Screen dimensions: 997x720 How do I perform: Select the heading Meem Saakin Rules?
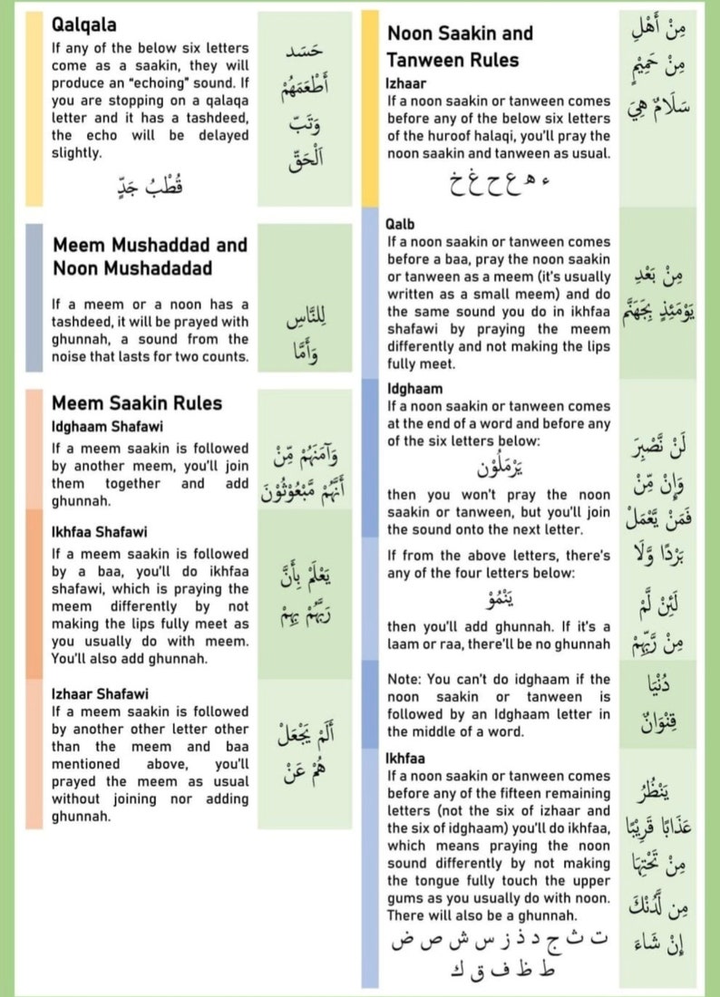(x=137, y=403)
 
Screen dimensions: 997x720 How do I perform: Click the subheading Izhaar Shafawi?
(x=100, y=694)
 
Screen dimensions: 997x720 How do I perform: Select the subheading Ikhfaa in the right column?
(x=406, y=758)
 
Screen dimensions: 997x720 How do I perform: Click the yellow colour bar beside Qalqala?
(x=34, y=109)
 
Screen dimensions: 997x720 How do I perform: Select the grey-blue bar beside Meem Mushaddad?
(x=34, y=297)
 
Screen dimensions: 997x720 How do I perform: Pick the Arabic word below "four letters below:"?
(x=498, y=599)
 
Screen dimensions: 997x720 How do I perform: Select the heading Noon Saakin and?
(x=460, y=34)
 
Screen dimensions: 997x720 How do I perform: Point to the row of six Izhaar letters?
(x=498, y=185)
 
